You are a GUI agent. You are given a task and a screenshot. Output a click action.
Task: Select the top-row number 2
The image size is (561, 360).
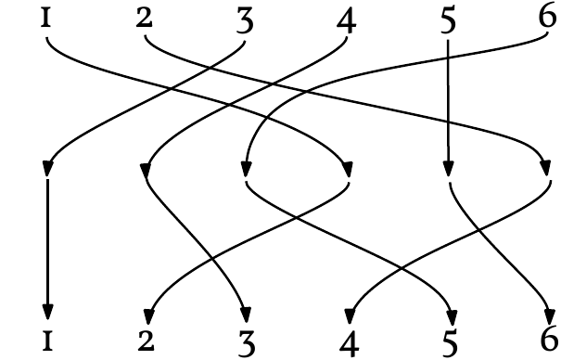click(x=144, y=19)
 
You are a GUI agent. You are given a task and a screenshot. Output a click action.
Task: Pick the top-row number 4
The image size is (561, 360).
click(x=347, y=20)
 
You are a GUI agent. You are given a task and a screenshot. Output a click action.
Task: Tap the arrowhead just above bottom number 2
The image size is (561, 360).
click(x=148, y=310)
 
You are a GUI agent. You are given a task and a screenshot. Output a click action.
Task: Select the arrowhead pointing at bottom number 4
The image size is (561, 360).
click(x=350, y=310)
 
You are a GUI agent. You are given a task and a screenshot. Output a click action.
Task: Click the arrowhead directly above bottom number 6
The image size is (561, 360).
click(x=549, y=310)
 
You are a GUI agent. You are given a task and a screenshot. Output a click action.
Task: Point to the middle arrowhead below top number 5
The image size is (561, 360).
click(x=449, y=170)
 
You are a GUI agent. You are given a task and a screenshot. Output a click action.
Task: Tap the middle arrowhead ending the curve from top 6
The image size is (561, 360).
click(x=246, y=170)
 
